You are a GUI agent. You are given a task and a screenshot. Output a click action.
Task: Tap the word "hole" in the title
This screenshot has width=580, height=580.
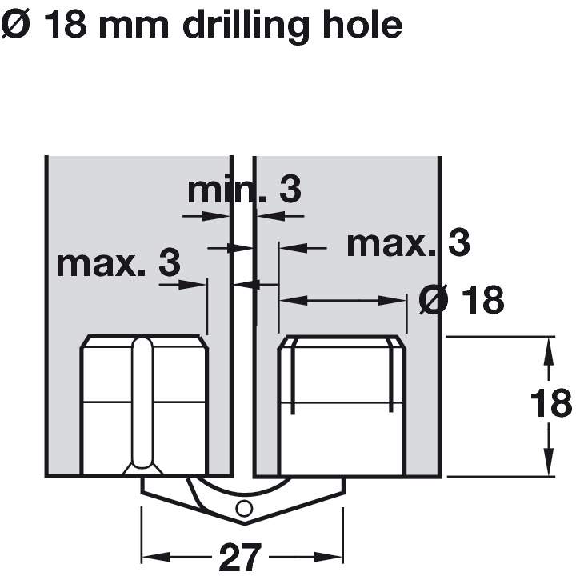tap(363, 25)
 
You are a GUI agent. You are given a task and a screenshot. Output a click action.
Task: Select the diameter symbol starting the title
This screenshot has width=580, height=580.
tap(15, 25)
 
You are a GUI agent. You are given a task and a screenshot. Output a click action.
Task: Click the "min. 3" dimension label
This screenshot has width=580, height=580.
tap(245, 190)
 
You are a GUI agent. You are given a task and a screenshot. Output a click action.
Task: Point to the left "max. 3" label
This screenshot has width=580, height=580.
tap(118, 263)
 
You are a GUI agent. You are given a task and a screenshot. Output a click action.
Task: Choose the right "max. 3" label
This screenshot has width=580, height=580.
tap(408, 243)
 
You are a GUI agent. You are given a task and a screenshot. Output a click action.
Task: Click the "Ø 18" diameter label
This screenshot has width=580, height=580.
tap(462, 299)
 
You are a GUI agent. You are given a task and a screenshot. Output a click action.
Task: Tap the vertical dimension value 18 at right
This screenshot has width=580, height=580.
tap(550, 403)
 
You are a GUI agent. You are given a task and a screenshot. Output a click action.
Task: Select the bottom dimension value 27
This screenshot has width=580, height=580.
tap(241, 558)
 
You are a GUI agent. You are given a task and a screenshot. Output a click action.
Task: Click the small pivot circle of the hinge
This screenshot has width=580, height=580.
tap(244, 509)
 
